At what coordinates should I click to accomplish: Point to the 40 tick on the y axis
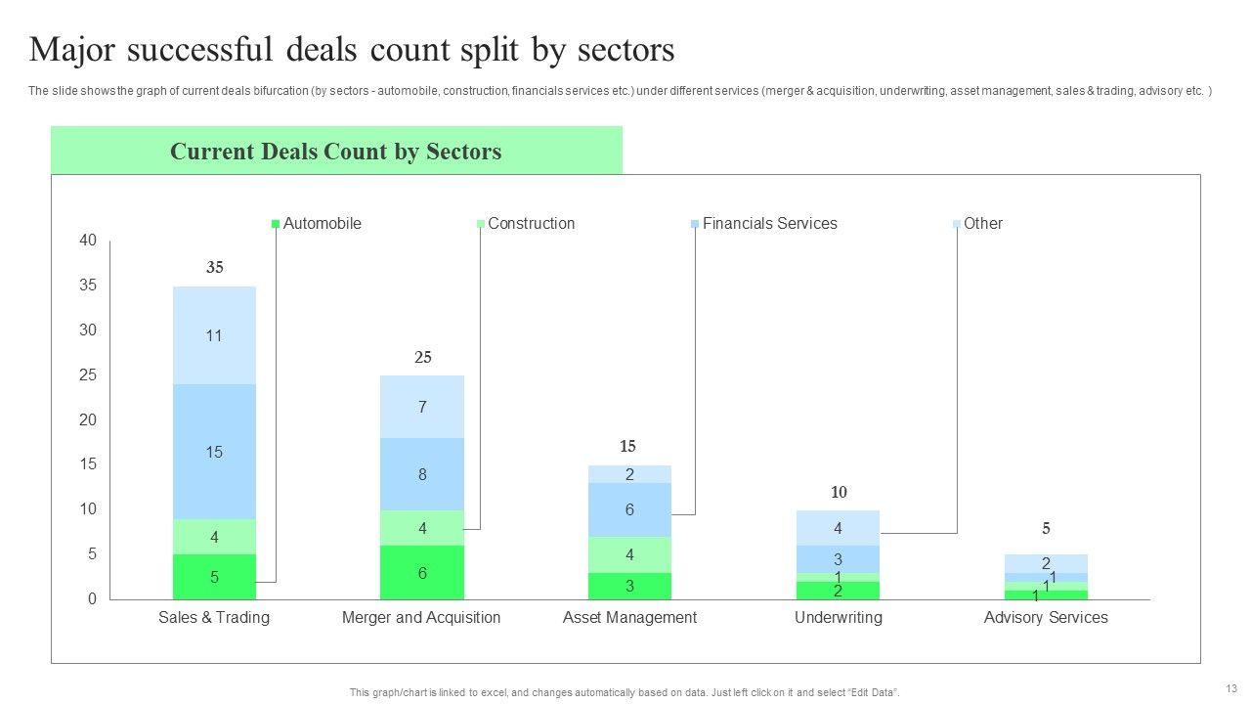point(88,241)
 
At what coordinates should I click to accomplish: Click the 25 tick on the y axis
point(88,375)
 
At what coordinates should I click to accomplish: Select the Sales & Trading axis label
point(214,618)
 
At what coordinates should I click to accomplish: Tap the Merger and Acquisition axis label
point(421,618)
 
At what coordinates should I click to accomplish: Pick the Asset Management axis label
point(629,618)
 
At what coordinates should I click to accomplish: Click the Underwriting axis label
point(839,618)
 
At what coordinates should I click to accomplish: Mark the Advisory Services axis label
point(1046,618)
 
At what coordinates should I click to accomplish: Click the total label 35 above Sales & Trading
point(215,268)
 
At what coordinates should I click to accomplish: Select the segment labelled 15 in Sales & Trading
point(214,452)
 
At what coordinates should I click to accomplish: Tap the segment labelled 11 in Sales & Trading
point(214,335)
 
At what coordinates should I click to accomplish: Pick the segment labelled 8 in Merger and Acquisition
point(422,474)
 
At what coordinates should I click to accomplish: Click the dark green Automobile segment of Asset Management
point(629,587)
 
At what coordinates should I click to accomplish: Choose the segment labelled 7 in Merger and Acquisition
point(422,407)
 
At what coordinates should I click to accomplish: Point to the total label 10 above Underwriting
point(839,493)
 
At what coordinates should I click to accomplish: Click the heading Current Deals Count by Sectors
point(335,152)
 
